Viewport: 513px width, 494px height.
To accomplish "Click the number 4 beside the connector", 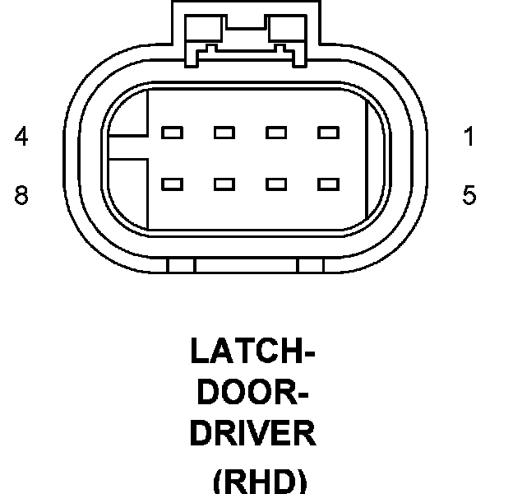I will point(21,137).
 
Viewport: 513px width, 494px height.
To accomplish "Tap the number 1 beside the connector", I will point(469,137).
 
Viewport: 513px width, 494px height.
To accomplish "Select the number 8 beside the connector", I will point(21,196).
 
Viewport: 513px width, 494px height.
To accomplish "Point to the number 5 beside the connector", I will point(469,196).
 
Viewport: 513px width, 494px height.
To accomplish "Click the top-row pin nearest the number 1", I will point(329,132).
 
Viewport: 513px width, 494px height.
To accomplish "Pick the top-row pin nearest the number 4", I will point(172,132).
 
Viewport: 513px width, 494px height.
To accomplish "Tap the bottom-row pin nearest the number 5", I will point(329,184).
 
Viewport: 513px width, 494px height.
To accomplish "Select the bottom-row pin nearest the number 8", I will point(172,184).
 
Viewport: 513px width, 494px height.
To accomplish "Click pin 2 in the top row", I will point(276,132).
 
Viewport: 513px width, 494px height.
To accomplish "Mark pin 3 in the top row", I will point(224,132).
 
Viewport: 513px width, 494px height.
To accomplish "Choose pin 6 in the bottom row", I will point(276,184).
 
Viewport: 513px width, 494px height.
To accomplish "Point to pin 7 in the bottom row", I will point(224,184).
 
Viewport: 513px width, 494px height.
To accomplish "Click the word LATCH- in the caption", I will point(253,352).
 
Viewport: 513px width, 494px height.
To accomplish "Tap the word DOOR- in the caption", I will point(253,392).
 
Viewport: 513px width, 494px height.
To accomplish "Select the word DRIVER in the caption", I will point(253,433).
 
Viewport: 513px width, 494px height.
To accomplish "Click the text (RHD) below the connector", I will point(260,480).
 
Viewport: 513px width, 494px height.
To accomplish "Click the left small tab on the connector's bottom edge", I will point(181,266).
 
